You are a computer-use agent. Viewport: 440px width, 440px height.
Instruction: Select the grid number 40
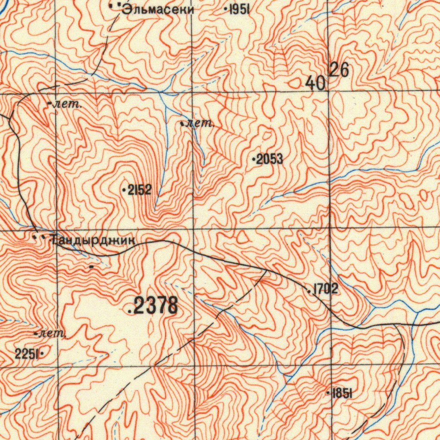click(x=316, y=83)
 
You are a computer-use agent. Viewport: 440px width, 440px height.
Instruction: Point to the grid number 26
click(x=339, y=70)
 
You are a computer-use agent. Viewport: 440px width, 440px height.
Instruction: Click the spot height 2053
click(x=270, y=160)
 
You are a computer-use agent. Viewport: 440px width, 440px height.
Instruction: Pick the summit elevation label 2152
click(x=140, y=190)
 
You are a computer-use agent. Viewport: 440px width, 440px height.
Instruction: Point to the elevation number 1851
click(x=342, y=393)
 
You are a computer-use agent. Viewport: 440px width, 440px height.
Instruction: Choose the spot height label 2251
click(x=27, y=354)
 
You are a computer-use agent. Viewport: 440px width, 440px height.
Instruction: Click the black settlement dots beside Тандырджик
click(x=39, y=236)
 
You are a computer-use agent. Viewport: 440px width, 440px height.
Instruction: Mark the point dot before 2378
click(x=130, y=312)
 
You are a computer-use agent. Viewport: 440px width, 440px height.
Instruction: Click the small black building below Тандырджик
click(x=91, y=267)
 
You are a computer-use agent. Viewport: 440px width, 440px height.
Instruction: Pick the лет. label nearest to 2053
click(x=200, y=124)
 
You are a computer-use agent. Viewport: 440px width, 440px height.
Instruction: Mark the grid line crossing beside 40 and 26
click(x=329, y=91)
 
